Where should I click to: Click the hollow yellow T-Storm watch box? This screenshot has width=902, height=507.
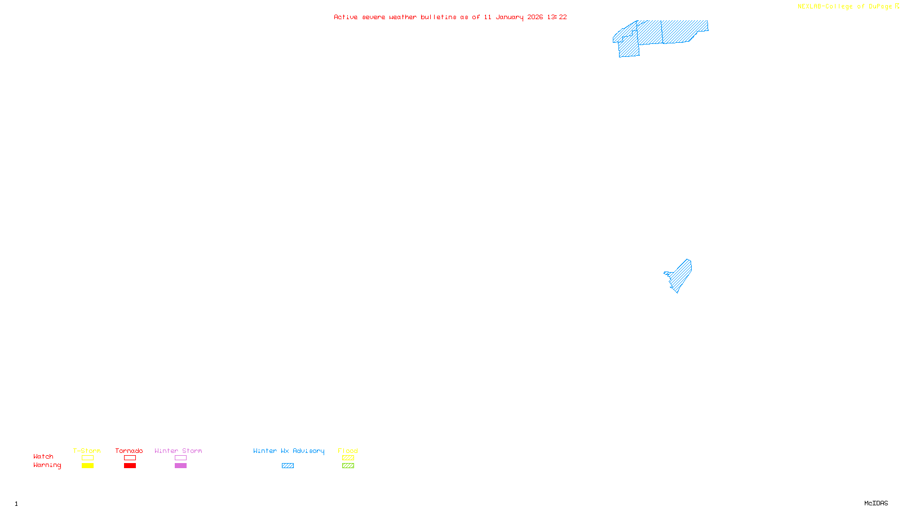[87, 458]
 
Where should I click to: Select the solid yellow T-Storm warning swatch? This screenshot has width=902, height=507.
[87, 466]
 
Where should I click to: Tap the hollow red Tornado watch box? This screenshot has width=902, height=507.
[130, 458]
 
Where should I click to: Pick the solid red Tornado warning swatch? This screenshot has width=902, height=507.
[130, 466]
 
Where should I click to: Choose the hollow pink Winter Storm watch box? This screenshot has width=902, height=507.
[180, 458]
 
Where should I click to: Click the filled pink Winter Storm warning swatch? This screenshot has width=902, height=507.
[180, 466]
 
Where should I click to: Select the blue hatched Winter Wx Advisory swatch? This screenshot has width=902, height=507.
[288, 466]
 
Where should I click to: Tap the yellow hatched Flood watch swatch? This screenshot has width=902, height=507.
[348, 458]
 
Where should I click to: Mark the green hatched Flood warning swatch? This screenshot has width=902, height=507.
[348, 466]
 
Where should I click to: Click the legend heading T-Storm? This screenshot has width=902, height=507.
[87, 451]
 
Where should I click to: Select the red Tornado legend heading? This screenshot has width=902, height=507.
[129, 451]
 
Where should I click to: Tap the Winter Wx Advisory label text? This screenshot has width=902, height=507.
[289, 451]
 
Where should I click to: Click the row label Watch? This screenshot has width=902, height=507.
[43, 457]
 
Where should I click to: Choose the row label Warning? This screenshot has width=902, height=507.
[47, 465]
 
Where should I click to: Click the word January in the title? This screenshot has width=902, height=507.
[510, 17]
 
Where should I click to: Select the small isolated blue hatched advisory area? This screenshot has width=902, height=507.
[680, 275]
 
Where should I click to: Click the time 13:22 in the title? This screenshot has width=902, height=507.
[557, 17]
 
